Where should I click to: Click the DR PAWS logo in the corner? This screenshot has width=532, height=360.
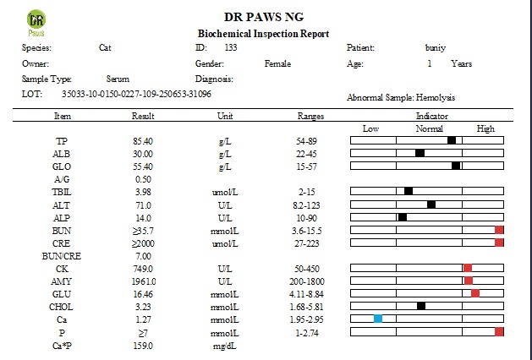(36, 23)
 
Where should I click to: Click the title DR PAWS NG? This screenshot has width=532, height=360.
(266, 16)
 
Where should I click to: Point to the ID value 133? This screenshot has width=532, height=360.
(230, 47)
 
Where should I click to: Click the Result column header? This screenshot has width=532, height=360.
(143, 116)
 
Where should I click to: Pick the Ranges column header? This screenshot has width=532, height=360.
(311, 116)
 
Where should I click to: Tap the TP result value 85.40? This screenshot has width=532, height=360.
(143, 140)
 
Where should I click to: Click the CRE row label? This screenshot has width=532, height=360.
(62, 243)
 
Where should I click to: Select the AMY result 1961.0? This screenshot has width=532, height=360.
(143, 281)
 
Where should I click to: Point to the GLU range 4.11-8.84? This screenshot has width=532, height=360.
(311, 293)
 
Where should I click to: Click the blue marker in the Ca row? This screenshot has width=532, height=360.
(378, 319)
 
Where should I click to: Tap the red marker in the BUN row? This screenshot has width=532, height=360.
(499, 230)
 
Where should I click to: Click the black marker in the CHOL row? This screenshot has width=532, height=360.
(421, 306)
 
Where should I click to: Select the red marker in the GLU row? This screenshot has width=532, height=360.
(475, 293)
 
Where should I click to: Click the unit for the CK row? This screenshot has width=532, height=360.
(224, 268)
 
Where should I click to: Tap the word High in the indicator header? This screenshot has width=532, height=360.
(485, 128)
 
